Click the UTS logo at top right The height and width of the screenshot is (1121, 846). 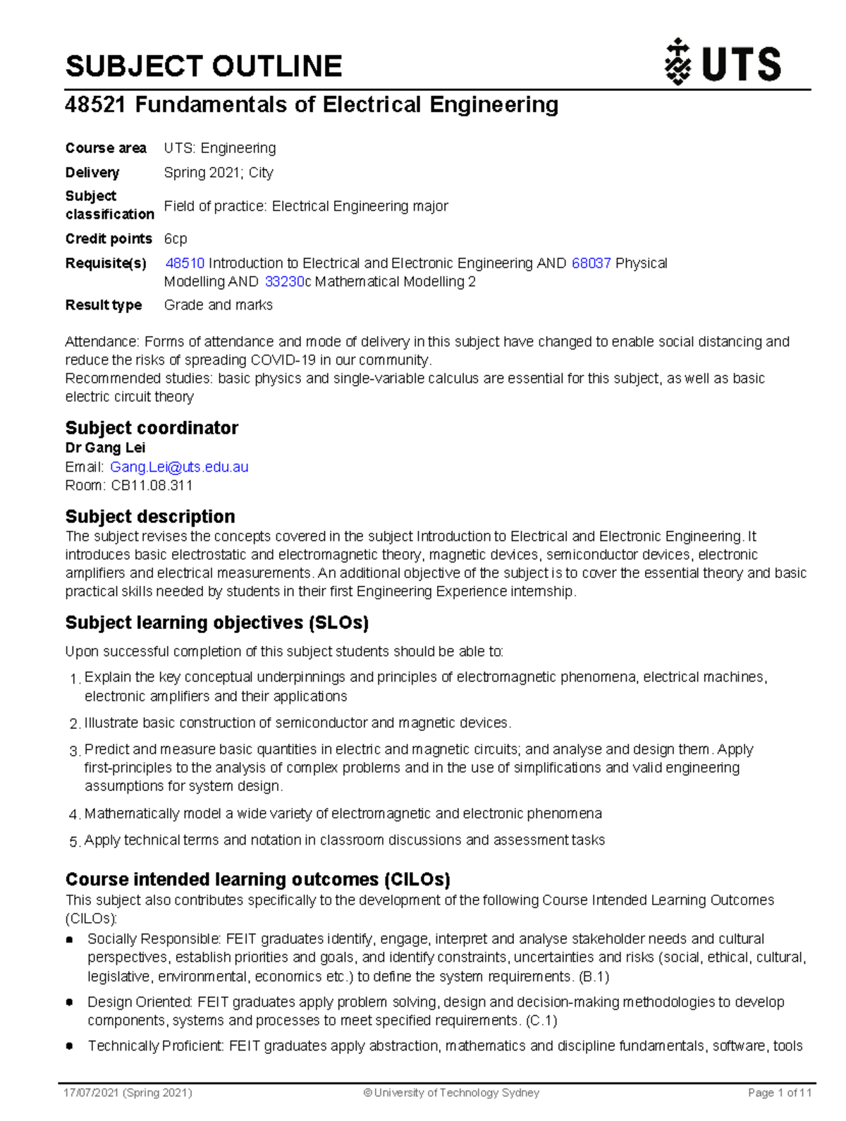pyautogui.click(x=723, y=63)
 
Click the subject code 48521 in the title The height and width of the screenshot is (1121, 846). pyautogui.click(x=95, y=105)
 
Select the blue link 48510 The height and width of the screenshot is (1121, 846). pyautogui.click(x=185, y=263)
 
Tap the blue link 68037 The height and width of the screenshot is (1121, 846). pyautogui.click(x=591, y=263)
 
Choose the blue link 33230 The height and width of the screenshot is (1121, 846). pyautogui.click(x=284, y=281)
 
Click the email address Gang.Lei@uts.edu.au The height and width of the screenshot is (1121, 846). pyautogui.click(x=179, y=467)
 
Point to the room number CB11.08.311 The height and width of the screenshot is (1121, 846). pyautogui.click(x=152, y=485)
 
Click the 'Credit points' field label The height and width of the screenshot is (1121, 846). pyautogui.click(x=109, y=238)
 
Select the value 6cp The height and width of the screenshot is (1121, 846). pyautogui.click(x=176, y=238)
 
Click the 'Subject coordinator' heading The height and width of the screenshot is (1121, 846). pyautogui.click(x=152, y=428)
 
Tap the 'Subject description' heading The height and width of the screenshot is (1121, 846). pyautogui.click(x=150, y=516)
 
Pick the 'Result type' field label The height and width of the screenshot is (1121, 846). pyautogui.click(x=104, y=305)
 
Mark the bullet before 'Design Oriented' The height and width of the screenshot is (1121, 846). pyautogui.click(x=69, y=1002)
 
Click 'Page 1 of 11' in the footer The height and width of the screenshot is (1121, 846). pyautogui.click(x=779, y=1093)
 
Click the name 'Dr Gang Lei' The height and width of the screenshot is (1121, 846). pyautogui.click(x=105, y=448)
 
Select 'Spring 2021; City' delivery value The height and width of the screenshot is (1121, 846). pyautogui.click(x=219, y=173)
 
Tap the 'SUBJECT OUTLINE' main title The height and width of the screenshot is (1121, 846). pyautogui.click(x=203, y=66)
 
